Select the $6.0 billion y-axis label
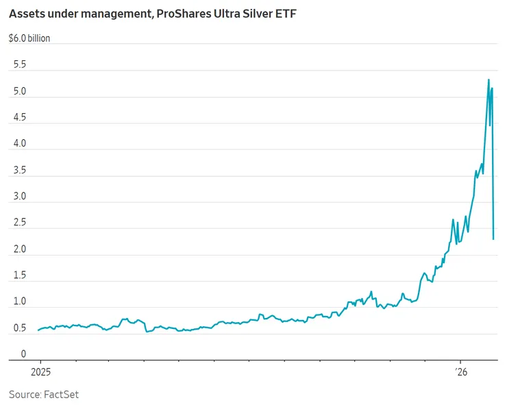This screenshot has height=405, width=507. pos(29,38)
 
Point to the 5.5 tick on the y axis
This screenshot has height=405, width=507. pos(19,65)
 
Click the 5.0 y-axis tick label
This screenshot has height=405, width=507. pos(19,91)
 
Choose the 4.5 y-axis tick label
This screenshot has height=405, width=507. pos(19,118)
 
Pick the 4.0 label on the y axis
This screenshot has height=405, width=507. pos(19,144)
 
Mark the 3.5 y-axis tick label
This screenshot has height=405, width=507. pos(19,171)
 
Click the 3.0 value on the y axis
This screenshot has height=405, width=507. pos(19,197)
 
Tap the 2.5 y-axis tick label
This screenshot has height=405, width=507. pos(19,223)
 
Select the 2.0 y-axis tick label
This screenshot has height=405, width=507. pos(19,249)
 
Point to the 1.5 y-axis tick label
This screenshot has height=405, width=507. pos(19,275)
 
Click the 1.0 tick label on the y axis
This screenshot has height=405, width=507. pos(19,302)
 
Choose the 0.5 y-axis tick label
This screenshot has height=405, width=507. pos(19,328)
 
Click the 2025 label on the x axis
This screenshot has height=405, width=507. pos(40,373)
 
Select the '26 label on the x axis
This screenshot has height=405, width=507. pos(462,373)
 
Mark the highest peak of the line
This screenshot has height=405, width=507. pos(489,79)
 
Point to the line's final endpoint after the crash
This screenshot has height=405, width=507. pos(493,239)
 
